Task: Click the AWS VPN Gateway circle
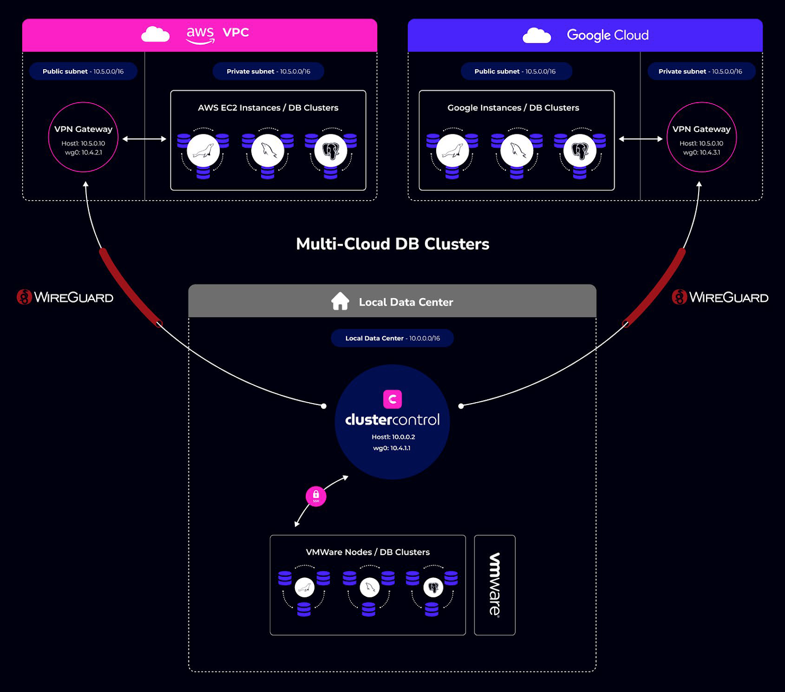83,137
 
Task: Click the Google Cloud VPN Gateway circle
702,137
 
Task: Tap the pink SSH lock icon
316,496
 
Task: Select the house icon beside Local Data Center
340,301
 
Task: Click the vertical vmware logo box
495,585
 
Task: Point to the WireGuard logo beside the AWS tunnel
65,297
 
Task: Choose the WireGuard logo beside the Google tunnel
720,297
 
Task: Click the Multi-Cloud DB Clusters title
392,244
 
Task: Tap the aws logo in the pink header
200,34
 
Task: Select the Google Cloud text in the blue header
607,35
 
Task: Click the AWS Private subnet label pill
268,72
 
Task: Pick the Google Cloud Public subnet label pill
515,72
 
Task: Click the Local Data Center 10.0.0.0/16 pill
392,338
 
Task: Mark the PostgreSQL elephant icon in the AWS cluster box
331,151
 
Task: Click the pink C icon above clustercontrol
392,399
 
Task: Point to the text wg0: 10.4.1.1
392,448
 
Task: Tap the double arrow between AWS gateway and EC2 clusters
144,139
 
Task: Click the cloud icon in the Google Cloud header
537,36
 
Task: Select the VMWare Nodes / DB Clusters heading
367,552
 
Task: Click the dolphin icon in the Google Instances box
517,151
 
